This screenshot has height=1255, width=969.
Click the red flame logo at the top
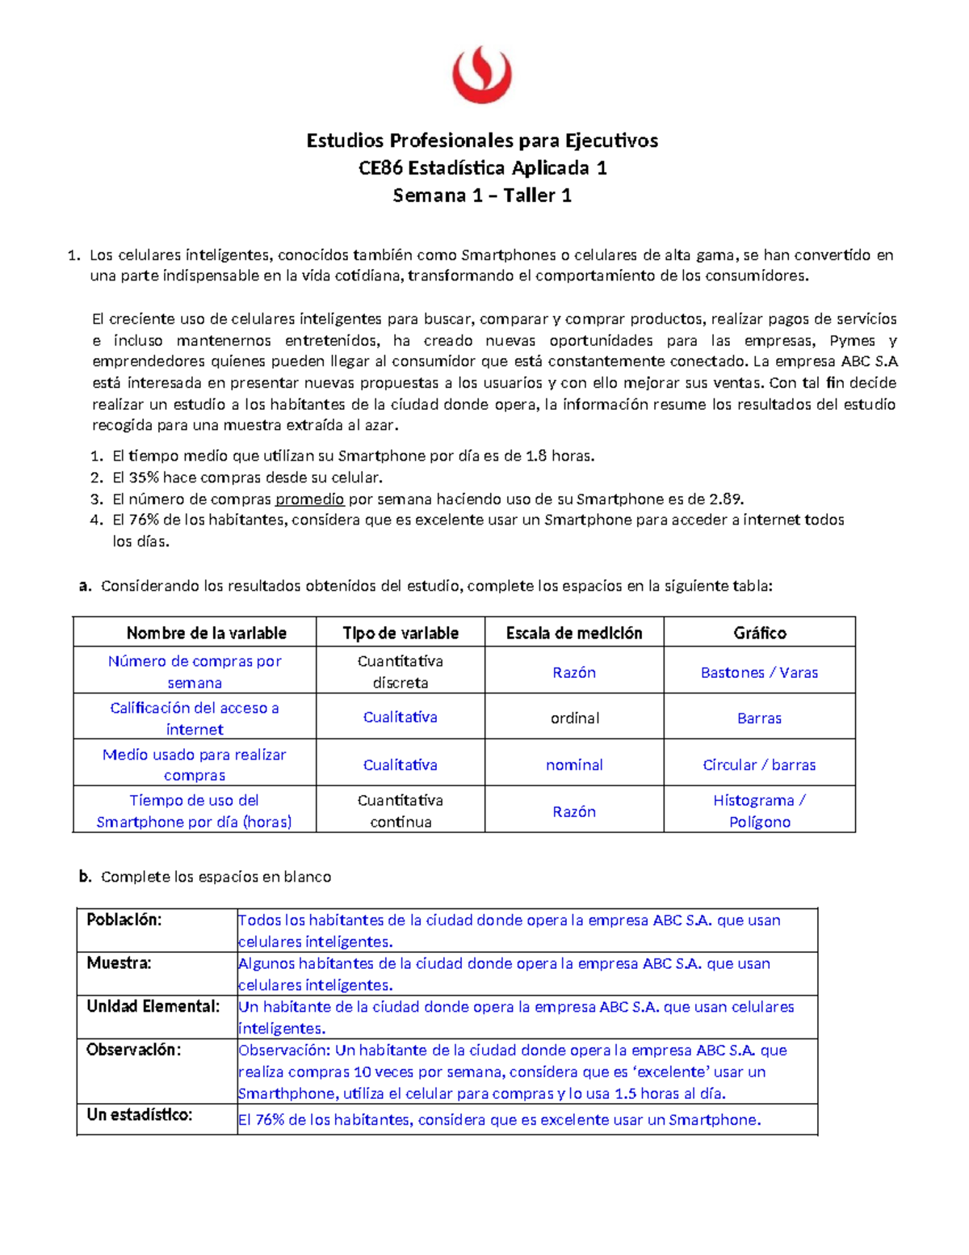point(482,74)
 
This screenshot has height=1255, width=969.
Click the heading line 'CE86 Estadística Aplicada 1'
point(482,168)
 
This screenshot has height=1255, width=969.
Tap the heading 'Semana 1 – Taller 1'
point(482,196)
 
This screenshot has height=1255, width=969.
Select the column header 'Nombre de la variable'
point(206,633)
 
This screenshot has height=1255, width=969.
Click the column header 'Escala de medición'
point(574,633)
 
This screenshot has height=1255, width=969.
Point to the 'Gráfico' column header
point(759,633)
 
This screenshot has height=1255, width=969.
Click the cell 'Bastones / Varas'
point(759,672)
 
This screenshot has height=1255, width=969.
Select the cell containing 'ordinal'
point(574,718)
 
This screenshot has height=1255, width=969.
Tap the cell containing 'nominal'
point(574,764)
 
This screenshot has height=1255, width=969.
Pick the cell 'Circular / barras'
point(759,764)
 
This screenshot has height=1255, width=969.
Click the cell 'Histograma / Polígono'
point(759,811)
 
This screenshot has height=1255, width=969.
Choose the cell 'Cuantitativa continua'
point(401,811)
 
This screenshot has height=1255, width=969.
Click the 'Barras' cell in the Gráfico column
point(759,718)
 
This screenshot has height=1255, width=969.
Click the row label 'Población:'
point(124,920)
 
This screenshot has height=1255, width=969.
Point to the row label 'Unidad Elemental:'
point(153,1006)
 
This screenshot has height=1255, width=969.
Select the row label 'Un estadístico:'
point(139,1115)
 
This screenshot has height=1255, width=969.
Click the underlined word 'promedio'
point(309,499)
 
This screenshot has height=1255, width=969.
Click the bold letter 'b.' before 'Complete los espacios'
point(86,877)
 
